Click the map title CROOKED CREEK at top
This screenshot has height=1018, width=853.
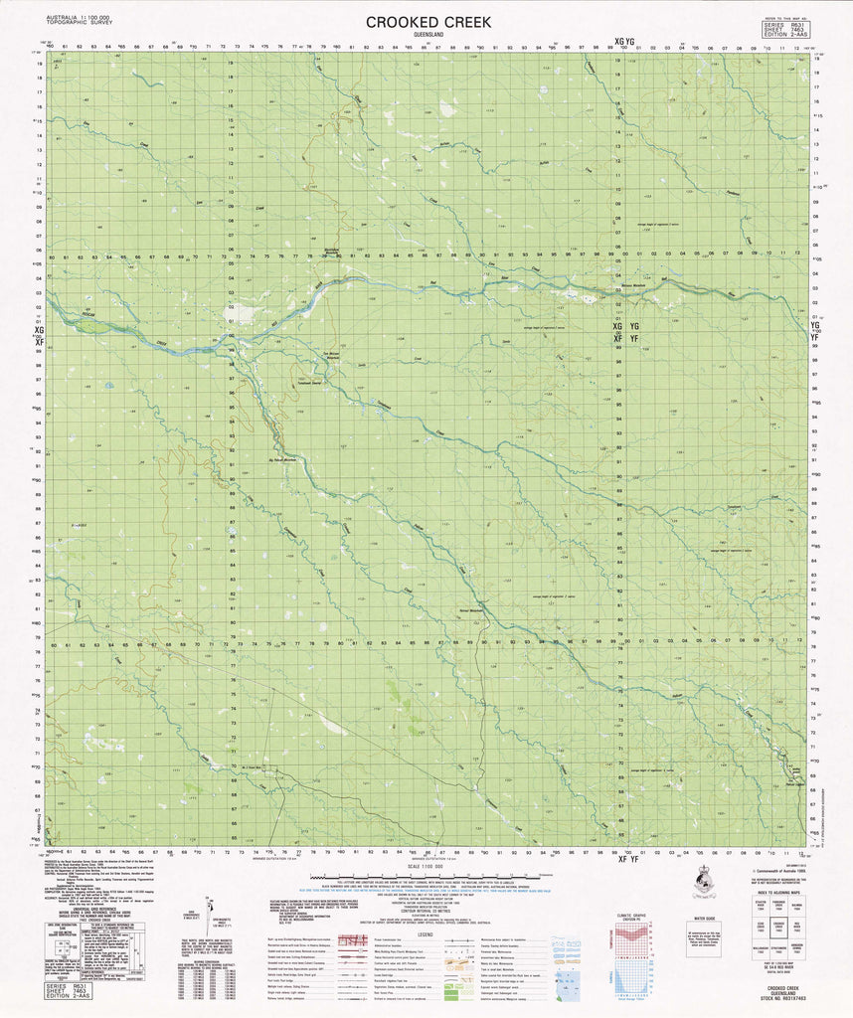point(426,21)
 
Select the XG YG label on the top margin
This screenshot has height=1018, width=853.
point(624,42)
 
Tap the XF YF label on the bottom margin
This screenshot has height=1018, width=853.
point(625,859)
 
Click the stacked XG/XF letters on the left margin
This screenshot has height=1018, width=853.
point(39,334)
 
